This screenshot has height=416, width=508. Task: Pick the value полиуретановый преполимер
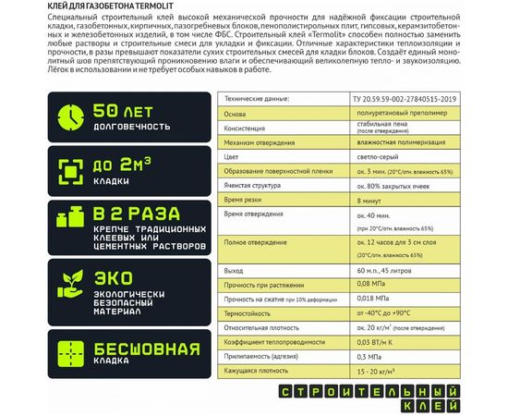[392, 114]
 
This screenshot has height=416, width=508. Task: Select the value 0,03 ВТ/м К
[370, 342]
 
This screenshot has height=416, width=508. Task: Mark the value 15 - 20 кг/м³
[373, 372]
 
